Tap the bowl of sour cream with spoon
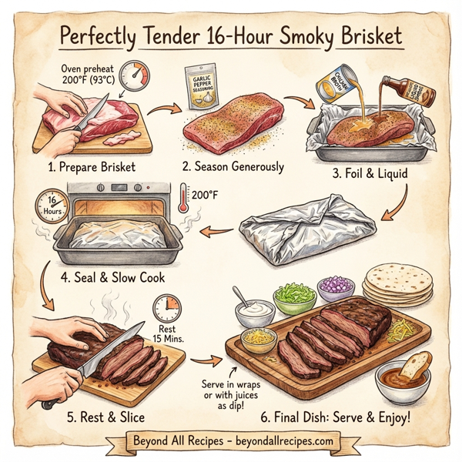[x=255, y=312]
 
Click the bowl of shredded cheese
[x=259, y=339]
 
